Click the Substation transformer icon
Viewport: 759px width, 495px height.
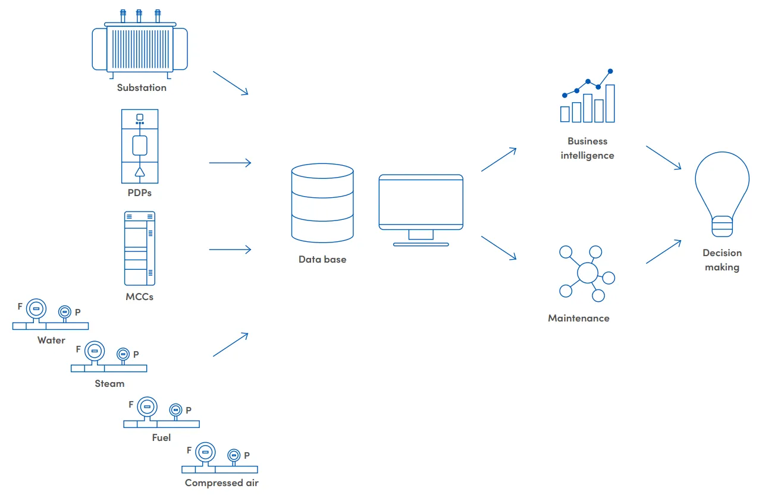coord(140,45)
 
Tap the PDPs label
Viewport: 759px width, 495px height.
coord(140,193)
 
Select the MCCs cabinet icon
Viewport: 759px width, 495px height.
coord(140,248)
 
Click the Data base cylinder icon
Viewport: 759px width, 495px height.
coord(322,203)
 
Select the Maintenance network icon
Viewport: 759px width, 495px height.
coord(587,274)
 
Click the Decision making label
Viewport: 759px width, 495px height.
coord(722,260)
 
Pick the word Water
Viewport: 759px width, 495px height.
coord(51,340)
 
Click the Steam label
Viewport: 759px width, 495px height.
coord(109,384)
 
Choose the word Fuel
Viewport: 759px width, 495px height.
coord(161,438)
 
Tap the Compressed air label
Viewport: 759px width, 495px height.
coord(221,483)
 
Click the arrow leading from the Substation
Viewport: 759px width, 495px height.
coord(230,83)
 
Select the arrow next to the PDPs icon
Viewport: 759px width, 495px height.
coord(230,163)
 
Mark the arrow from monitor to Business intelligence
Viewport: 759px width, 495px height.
coord(498,159)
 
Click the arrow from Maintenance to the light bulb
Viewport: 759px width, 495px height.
coord(663,251)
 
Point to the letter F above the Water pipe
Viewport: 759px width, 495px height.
coord(20,307)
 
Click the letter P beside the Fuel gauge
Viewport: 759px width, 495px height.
coord(189,410)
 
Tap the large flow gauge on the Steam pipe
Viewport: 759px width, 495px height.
coord(94,351)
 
